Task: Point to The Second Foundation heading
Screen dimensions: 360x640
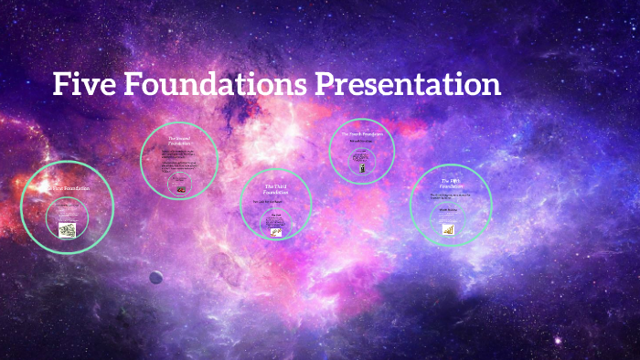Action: pos(179,141)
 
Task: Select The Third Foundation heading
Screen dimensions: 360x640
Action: pos(275,189)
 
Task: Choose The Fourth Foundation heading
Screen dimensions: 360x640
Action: pos(362,134)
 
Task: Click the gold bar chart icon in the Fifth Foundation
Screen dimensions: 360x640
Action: pos(449,229)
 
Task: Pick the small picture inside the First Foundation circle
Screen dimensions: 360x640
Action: pos(68,230)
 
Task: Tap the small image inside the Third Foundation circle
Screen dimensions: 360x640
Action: pos(275,232)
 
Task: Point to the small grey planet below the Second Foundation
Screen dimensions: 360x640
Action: pos(156,277)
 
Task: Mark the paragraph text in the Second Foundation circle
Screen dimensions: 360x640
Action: pos(179,157)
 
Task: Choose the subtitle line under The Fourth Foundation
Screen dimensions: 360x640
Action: pos(362,142)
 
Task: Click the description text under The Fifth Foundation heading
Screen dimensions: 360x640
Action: pos(449,196)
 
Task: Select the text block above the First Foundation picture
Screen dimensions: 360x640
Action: pos(68,214)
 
